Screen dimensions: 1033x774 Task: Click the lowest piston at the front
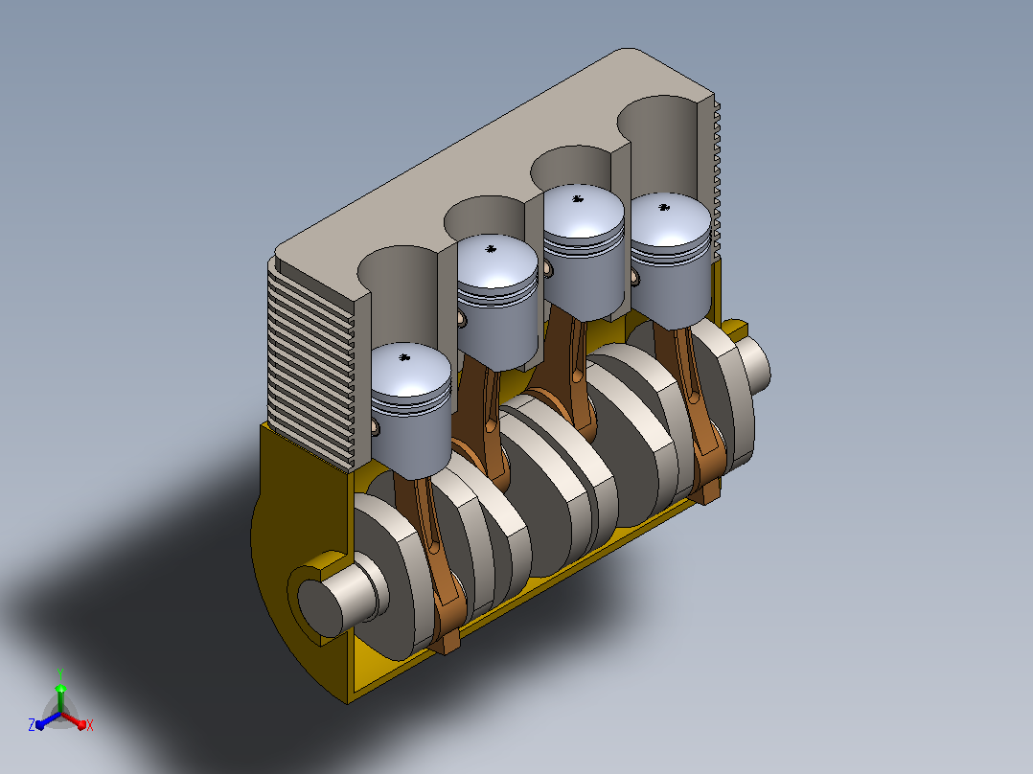pos(411,411)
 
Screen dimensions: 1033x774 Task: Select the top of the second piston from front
pos(497,261)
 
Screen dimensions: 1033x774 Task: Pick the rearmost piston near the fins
pos(671,260)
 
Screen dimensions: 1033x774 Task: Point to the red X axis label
pos(90,725)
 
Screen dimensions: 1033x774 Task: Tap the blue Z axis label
pos(31,724)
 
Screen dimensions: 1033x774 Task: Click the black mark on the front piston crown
pos(404,357)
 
